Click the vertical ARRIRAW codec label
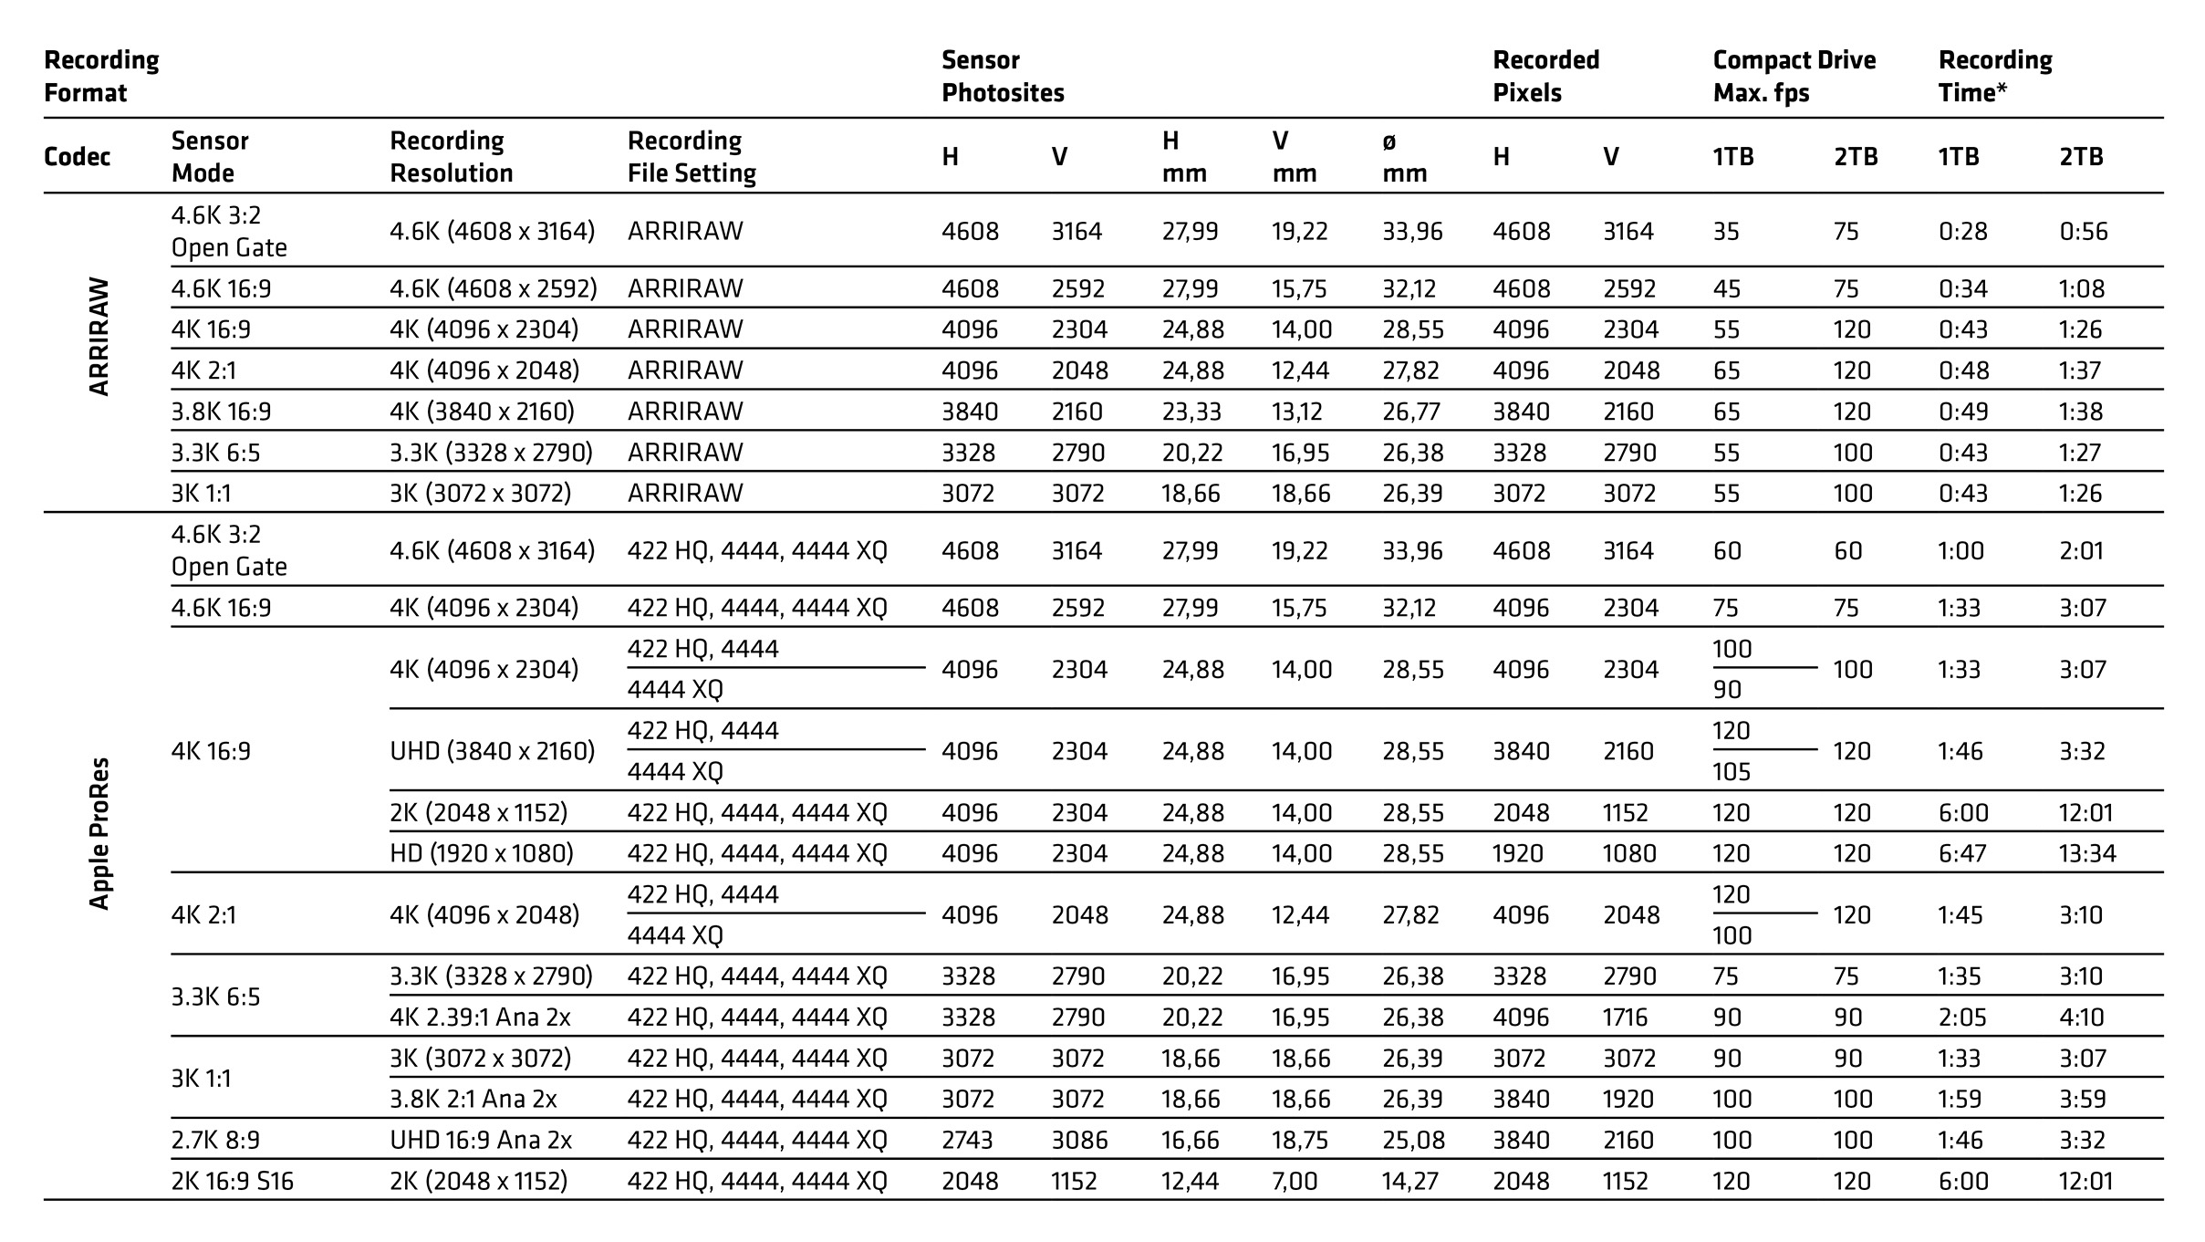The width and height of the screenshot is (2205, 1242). click(x=99, y=336)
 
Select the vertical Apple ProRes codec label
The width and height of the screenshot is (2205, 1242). click(x=99, y=832)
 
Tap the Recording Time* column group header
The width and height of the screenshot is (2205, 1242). click(x=1994, y=77)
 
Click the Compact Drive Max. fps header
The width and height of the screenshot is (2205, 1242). click(x=1794, y=77)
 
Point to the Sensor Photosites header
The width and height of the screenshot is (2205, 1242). click(x=1002, y=77)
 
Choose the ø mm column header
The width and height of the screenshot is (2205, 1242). click(x=1403, y=157)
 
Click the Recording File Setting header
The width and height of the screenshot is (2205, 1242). click(x=691, y=157)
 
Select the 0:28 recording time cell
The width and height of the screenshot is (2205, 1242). click(x=1962, y=231)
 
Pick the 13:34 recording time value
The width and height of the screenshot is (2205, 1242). click(x=2086, y=853)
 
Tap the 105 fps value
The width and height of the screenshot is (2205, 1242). click(x=1732, y=772)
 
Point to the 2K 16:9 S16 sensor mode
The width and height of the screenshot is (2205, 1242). click(x=232, y=1181)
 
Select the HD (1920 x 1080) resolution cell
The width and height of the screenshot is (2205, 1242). click(x=481, y=853)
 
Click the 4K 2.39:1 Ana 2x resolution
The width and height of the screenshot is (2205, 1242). click(x=480, y=1017)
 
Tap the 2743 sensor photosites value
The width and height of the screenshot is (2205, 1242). click(x=969, y=1140)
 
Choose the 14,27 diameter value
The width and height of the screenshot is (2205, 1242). click(x=1409, y=1181)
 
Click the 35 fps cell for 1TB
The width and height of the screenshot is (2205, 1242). click(x=1726, y=231)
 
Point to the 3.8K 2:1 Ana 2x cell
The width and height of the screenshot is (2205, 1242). click(x=473, y=1099)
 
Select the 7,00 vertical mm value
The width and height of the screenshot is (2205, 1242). click(x=1295, y=1181)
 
